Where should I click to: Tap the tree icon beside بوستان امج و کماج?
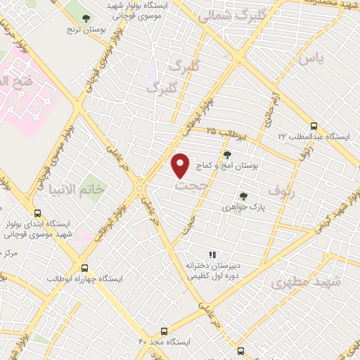226,155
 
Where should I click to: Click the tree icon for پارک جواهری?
243,196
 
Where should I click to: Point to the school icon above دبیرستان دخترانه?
212,255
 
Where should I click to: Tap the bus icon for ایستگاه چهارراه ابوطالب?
85,268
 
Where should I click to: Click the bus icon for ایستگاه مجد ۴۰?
165,330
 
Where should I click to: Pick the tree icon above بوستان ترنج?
86,18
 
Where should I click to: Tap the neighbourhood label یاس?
310,59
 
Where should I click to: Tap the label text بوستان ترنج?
85,32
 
